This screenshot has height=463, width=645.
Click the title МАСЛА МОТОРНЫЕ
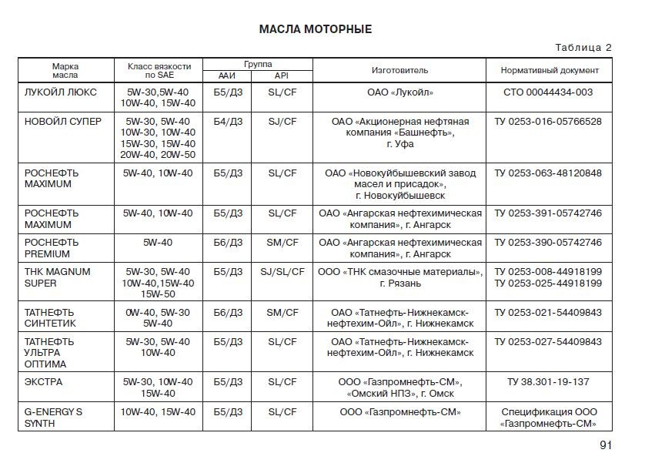click(x=315, y=29)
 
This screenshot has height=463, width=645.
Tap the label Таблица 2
click(x=583, y=48)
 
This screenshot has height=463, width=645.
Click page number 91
click(x=605, y=445)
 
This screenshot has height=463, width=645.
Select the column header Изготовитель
click(x=399, y=70)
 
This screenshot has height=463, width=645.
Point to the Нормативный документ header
click(x=550, y=70)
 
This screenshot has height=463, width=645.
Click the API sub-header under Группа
click(x=282, y=75)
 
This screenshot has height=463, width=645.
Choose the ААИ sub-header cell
click(x=227, y=75)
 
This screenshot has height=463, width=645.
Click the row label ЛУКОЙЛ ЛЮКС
click(x=61, y=92)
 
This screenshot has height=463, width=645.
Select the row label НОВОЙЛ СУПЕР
click(x=63, y=121)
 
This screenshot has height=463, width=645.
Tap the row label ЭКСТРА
click(x=44, y=381)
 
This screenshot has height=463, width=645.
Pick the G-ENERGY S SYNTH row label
click(x=53, y=418)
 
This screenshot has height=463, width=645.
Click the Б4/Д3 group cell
click(x=228, y=121)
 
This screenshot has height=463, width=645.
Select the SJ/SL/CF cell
click(x=282, y=271)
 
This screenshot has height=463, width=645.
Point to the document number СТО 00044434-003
click(x=550, y=92)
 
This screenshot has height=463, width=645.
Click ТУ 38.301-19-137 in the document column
click(x=549, y=381)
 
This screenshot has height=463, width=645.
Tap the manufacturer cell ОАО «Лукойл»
click(x=400, y=92)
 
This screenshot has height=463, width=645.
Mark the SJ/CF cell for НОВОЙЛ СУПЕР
click(x=282, y=121)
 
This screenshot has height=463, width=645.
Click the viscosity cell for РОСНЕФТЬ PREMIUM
click(x=158, y=242)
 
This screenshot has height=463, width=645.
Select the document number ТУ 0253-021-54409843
click(x=548, y=312)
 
